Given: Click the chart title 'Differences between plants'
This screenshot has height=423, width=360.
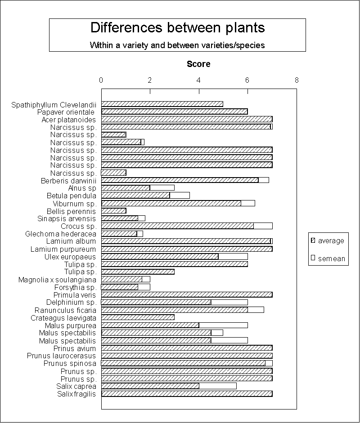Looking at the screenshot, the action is click(x=177, y=28).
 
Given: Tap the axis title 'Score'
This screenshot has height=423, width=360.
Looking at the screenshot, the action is click(x=198, y=64).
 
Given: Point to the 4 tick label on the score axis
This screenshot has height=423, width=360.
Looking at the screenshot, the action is click(x=198, y=80).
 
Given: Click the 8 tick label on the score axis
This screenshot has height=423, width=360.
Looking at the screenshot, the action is click(x=297, y=80).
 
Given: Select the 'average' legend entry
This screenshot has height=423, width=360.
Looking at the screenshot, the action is click(x=328, y=240).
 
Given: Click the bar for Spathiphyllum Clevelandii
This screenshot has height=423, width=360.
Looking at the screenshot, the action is click(x=162, y=104).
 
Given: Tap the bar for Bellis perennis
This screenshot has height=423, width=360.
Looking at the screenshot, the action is click(x=114, y=211).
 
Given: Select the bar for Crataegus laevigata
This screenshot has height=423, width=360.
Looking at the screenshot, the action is click(x=138, y=317).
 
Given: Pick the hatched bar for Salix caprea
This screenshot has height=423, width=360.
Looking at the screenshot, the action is click(x=150, y=386).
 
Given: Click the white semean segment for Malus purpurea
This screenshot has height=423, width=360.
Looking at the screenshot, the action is click(x=223, y=325).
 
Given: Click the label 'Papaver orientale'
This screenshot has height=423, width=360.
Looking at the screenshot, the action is click(x=66, y=112).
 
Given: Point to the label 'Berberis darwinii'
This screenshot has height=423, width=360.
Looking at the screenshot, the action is click(x=68, y=181).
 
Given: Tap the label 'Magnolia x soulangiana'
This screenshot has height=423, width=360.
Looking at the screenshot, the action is click(x=57, y=280).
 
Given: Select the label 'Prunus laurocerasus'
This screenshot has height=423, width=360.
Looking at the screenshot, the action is click(x=61, y=356).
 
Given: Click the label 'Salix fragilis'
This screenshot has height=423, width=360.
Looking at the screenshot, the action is click(x=76, y=394).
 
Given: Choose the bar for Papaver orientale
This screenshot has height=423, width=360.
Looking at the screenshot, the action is click(x=175, y=111).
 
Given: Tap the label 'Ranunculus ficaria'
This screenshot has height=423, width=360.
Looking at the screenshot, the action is click(x=65, y=311).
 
